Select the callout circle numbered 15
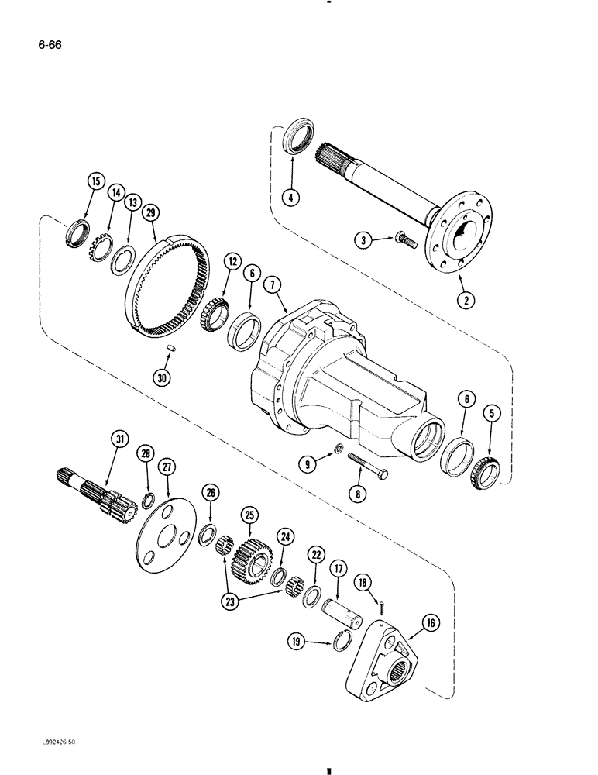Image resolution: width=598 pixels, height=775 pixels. point(95,182)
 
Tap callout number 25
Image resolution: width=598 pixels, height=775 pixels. point(249,513)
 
